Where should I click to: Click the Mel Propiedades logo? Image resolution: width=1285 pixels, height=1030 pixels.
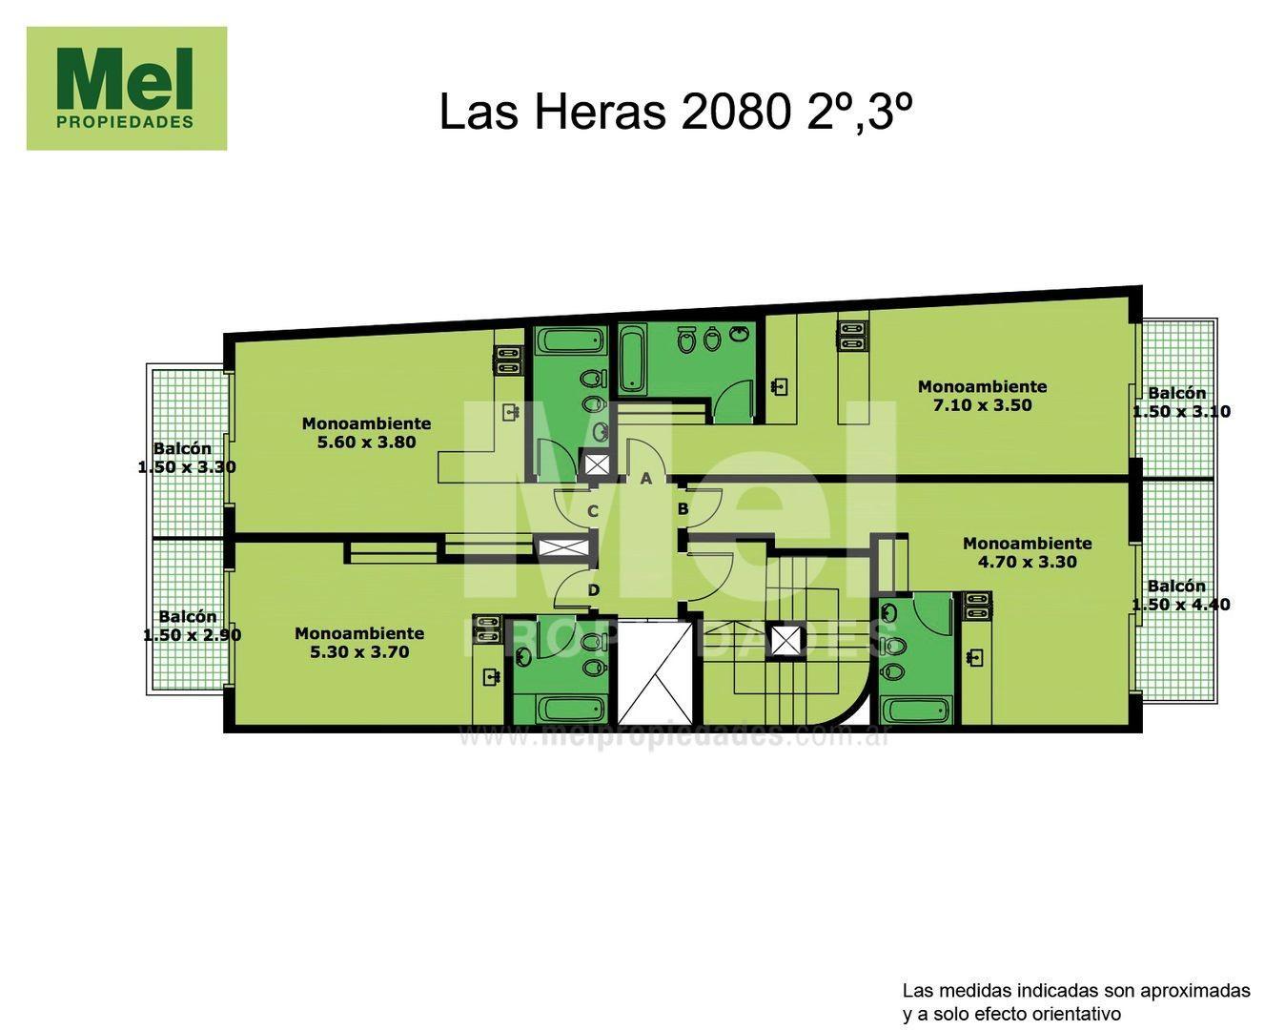127,89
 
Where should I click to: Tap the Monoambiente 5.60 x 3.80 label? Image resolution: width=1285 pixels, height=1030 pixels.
366,433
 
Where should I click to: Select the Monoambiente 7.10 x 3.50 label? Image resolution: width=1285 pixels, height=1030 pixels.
982,396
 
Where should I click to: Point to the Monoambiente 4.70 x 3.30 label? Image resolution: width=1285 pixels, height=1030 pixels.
1027,552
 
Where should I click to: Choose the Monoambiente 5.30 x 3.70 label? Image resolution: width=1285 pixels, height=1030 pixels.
359,643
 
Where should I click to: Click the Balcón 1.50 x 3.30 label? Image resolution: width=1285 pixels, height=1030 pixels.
187,458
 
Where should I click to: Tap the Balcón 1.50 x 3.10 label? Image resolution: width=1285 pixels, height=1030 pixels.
1180,402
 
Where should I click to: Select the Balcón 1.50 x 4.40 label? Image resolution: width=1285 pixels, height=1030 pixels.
1180,595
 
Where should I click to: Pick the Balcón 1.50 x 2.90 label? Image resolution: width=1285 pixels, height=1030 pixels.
191,626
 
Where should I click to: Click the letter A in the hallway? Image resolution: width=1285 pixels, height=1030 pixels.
645,479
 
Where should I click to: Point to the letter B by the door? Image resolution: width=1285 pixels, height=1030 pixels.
683,509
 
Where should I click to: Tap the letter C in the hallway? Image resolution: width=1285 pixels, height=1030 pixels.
592,511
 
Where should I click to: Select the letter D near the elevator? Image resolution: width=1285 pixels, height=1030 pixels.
593,590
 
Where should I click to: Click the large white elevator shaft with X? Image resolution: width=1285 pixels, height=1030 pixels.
655,672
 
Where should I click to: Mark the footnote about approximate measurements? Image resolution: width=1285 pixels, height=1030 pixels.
1075,1001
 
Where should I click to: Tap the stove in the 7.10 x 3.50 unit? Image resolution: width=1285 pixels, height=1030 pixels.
851,336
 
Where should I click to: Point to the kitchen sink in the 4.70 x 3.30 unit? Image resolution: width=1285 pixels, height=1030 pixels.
975,657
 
